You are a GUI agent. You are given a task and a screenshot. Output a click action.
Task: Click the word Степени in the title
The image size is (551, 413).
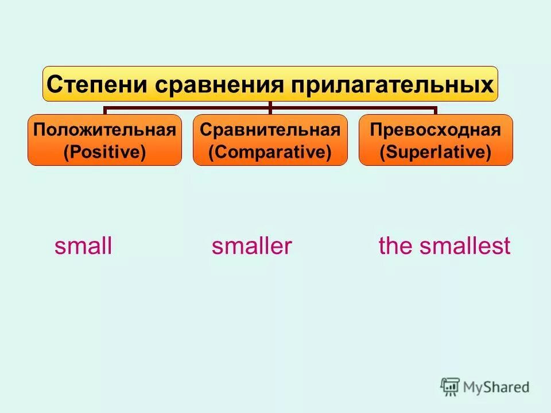97,84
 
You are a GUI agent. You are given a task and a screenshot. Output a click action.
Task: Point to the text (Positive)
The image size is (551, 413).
104,152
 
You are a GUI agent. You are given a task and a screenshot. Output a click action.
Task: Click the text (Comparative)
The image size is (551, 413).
270,152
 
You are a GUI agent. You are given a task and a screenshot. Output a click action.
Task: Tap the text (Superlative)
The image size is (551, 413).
436,152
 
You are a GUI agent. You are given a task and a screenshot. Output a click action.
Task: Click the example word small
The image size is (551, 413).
83,247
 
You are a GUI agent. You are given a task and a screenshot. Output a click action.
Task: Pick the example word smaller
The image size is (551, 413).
251,247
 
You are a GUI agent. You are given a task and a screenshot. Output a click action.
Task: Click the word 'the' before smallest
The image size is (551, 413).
395,247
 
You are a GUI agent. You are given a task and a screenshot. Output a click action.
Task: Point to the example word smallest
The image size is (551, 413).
464,247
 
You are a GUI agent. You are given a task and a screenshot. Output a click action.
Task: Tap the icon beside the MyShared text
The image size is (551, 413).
450,387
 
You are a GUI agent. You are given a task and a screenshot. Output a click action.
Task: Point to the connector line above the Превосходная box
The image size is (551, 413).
436,109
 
